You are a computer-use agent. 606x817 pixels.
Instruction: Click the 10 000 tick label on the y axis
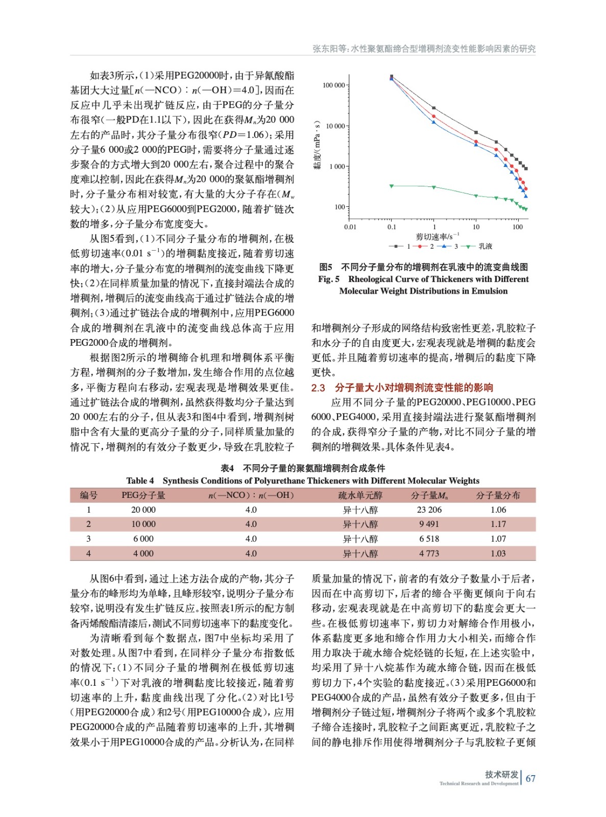(334, 126)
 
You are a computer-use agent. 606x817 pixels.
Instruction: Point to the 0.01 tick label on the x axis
(350, 227)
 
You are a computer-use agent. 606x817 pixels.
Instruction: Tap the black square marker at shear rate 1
(434, 108)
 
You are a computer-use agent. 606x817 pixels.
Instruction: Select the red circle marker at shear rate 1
(434, 116)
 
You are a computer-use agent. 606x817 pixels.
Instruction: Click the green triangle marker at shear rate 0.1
(392, 186)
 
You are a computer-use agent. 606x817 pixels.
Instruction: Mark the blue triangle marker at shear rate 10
(476, 145)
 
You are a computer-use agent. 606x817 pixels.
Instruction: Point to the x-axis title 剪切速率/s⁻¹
(437, 236)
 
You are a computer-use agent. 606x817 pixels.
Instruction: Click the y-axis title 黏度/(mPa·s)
(318, 146)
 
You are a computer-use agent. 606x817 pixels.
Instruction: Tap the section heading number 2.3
(318, 388)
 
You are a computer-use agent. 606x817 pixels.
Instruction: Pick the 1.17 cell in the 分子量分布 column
(498, 524)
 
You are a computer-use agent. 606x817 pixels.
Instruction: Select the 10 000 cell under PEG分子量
(143, 524)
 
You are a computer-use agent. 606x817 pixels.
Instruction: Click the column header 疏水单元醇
(360, 495)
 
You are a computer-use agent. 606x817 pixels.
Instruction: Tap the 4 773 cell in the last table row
(429, 554)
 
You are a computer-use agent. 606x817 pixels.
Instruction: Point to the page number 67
(530, 778)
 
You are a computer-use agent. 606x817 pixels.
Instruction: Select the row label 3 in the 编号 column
(88, 539)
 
